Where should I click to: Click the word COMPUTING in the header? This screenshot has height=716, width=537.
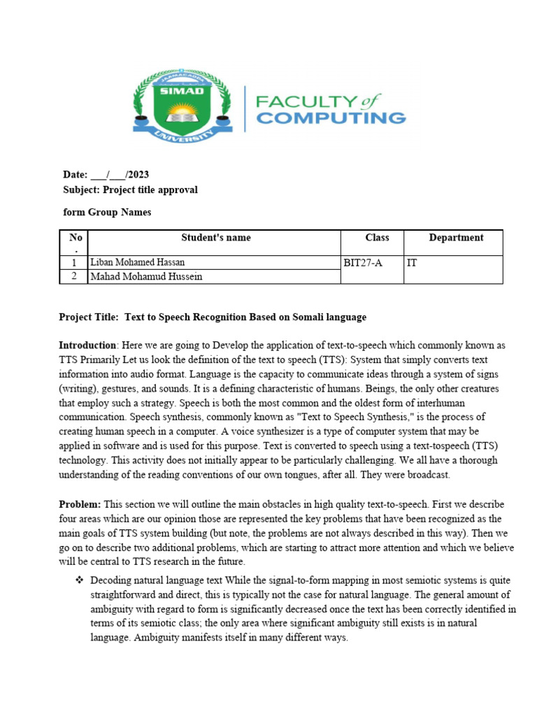331,117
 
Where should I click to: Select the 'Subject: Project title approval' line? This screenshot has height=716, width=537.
130,190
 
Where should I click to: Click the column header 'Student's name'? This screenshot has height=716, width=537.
215,238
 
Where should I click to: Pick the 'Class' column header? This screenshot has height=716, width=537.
377,238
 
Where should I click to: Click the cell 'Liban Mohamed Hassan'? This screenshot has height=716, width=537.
138,262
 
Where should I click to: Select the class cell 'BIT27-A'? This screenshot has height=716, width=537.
363,263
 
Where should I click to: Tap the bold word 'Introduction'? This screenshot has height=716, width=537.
87,345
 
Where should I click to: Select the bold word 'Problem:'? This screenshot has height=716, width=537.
80,504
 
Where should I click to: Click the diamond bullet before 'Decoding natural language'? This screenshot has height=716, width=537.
79,581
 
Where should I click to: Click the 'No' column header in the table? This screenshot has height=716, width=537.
76,238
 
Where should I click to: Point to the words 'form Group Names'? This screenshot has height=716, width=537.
107,213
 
